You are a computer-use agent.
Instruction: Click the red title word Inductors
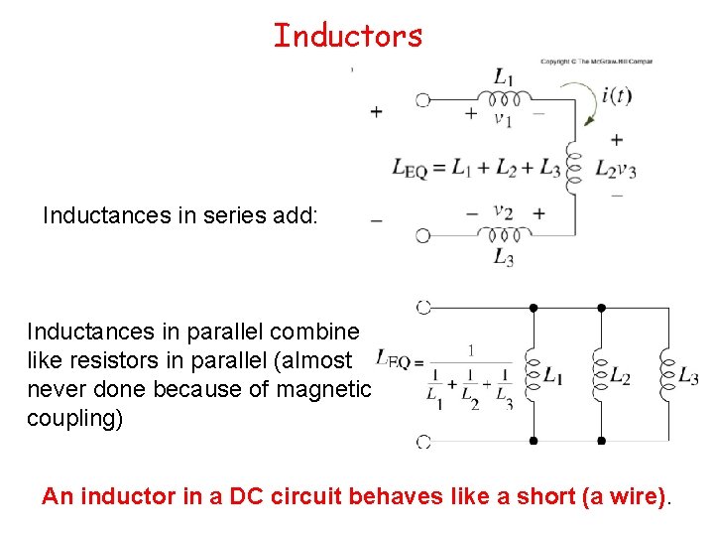tap(348, 36)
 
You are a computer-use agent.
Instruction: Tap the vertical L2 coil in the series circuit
tap(573, 169)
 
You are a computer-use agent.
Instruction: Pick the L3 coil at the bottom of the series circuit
tap(505, 235)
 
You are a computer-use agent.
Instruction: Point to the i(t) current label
tap(617, 96)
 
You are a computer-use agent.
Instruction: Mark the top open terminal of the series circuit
tap(423, 99)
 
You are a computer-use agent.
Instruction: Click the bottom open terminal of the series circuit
tap(423, 235)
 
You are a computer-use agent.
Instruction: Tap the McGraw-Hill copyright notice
tap(596, 62)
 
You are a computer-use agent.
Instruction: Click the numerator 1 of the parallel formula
tap(470, 350)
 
